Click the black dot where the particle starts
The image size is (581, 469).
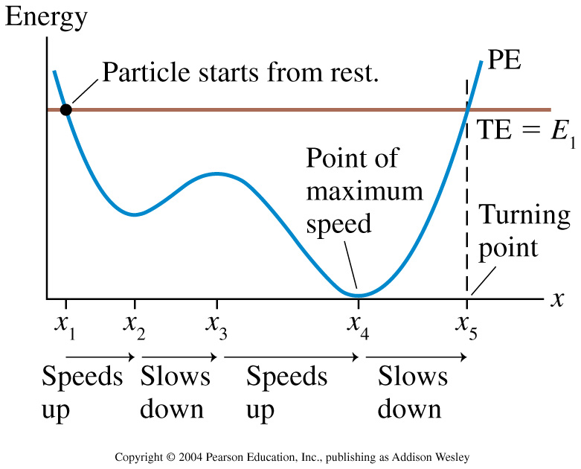(x=66, y=109)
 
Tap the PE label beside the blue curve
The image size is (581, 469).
(x=504, y=60)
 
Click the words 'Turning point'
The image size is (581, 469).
(x=524, y=231)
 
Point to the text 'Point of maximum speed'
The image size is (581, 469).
(x=365, y=191)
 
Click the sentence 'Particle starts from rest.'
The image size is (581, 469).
(x=240, y=71)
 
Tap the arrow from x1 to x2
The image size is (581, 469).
(x=100, y=357)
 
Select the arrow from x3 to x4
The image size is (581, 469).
(x=292, y=357)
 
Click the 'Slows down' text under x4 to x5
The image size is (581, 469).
(x=412, y=392)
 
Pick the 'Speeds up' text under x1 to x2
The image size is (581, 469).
(x=83, y=393)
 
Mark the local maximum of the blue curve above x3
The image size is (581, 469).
(x=217, y=173)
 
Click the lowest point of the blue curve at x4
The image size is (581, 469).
(x=358, y=296)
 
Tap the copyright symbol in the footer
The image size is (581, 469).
(x=170, y=457)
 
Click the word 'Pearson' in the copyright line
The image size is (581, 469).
(x=221, y=457)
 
